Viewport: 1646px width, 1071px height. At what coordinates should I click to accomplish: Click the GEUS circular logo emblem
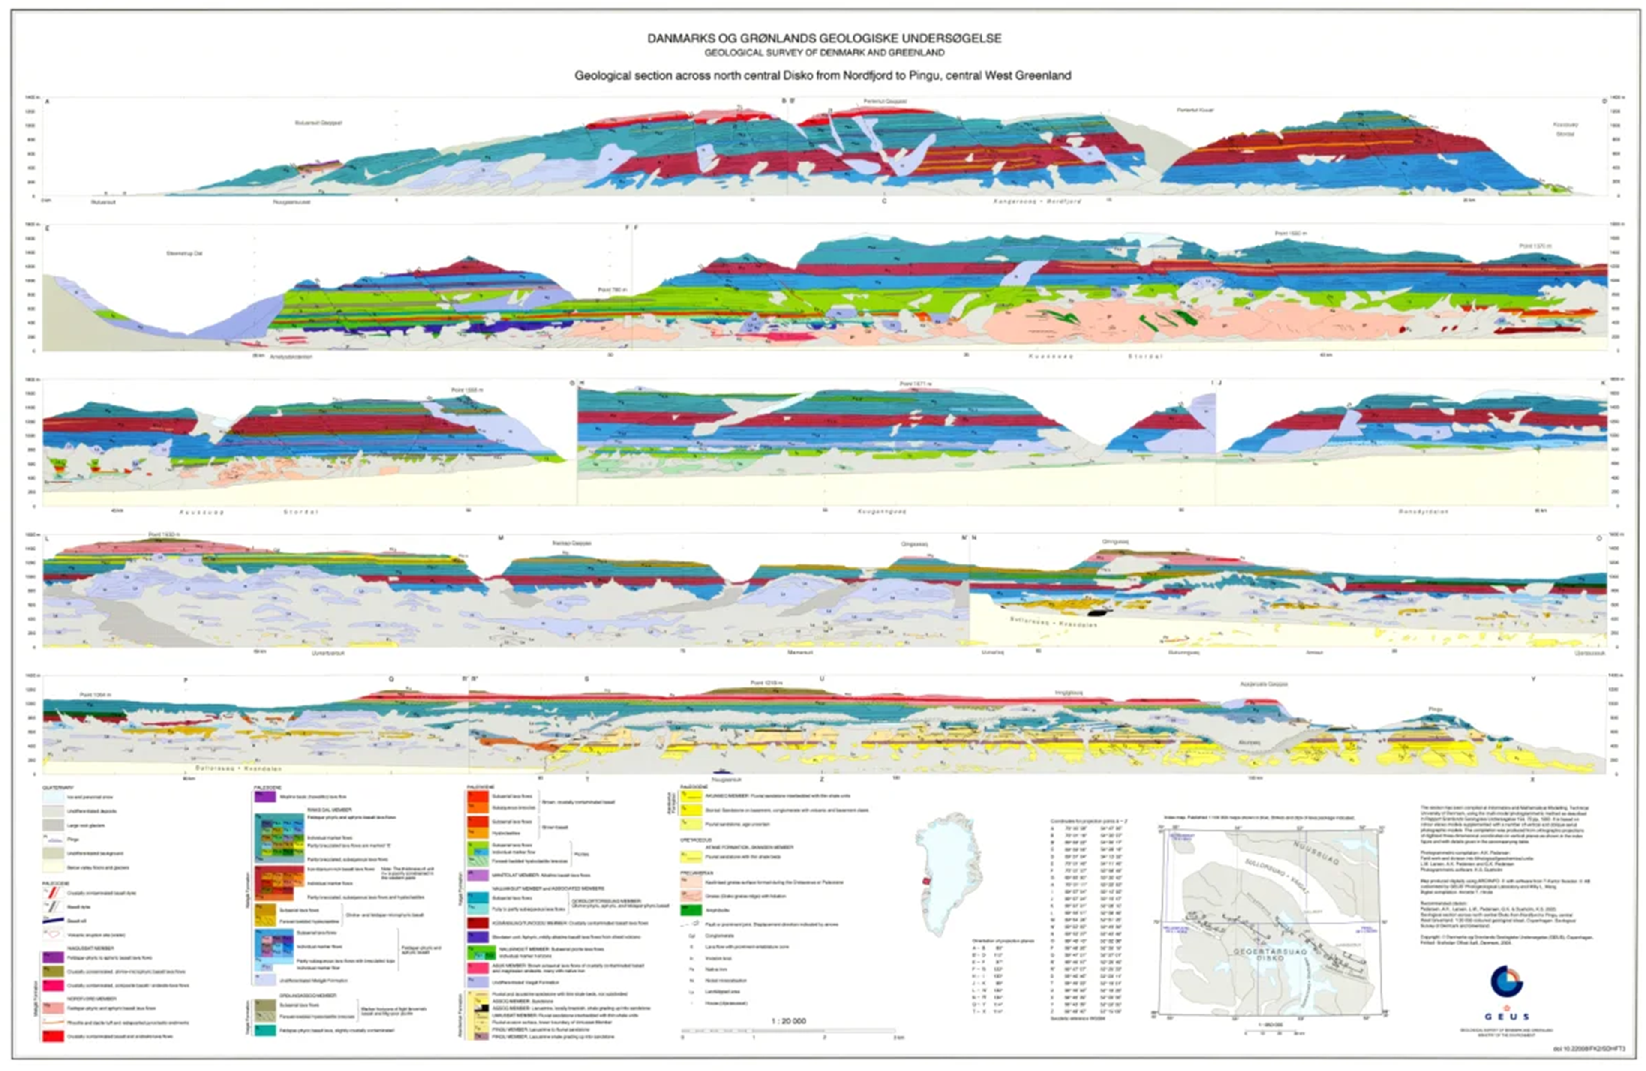(x=1505, y=982)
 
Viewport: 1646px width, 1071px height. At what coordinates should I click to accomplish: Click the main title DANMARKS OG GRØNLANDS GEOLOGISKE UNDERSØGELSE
(x=824, y=39)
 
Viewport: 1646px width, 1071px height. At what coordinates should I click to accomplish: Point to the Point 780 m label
(x=611, y=290)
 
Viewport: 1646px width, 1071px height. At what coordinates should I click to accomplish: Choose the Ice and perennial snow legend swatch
(x=53, y=797)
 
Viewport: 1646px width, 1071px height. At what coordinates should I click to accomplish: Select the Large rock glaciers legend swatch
(x=53, y=825)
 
